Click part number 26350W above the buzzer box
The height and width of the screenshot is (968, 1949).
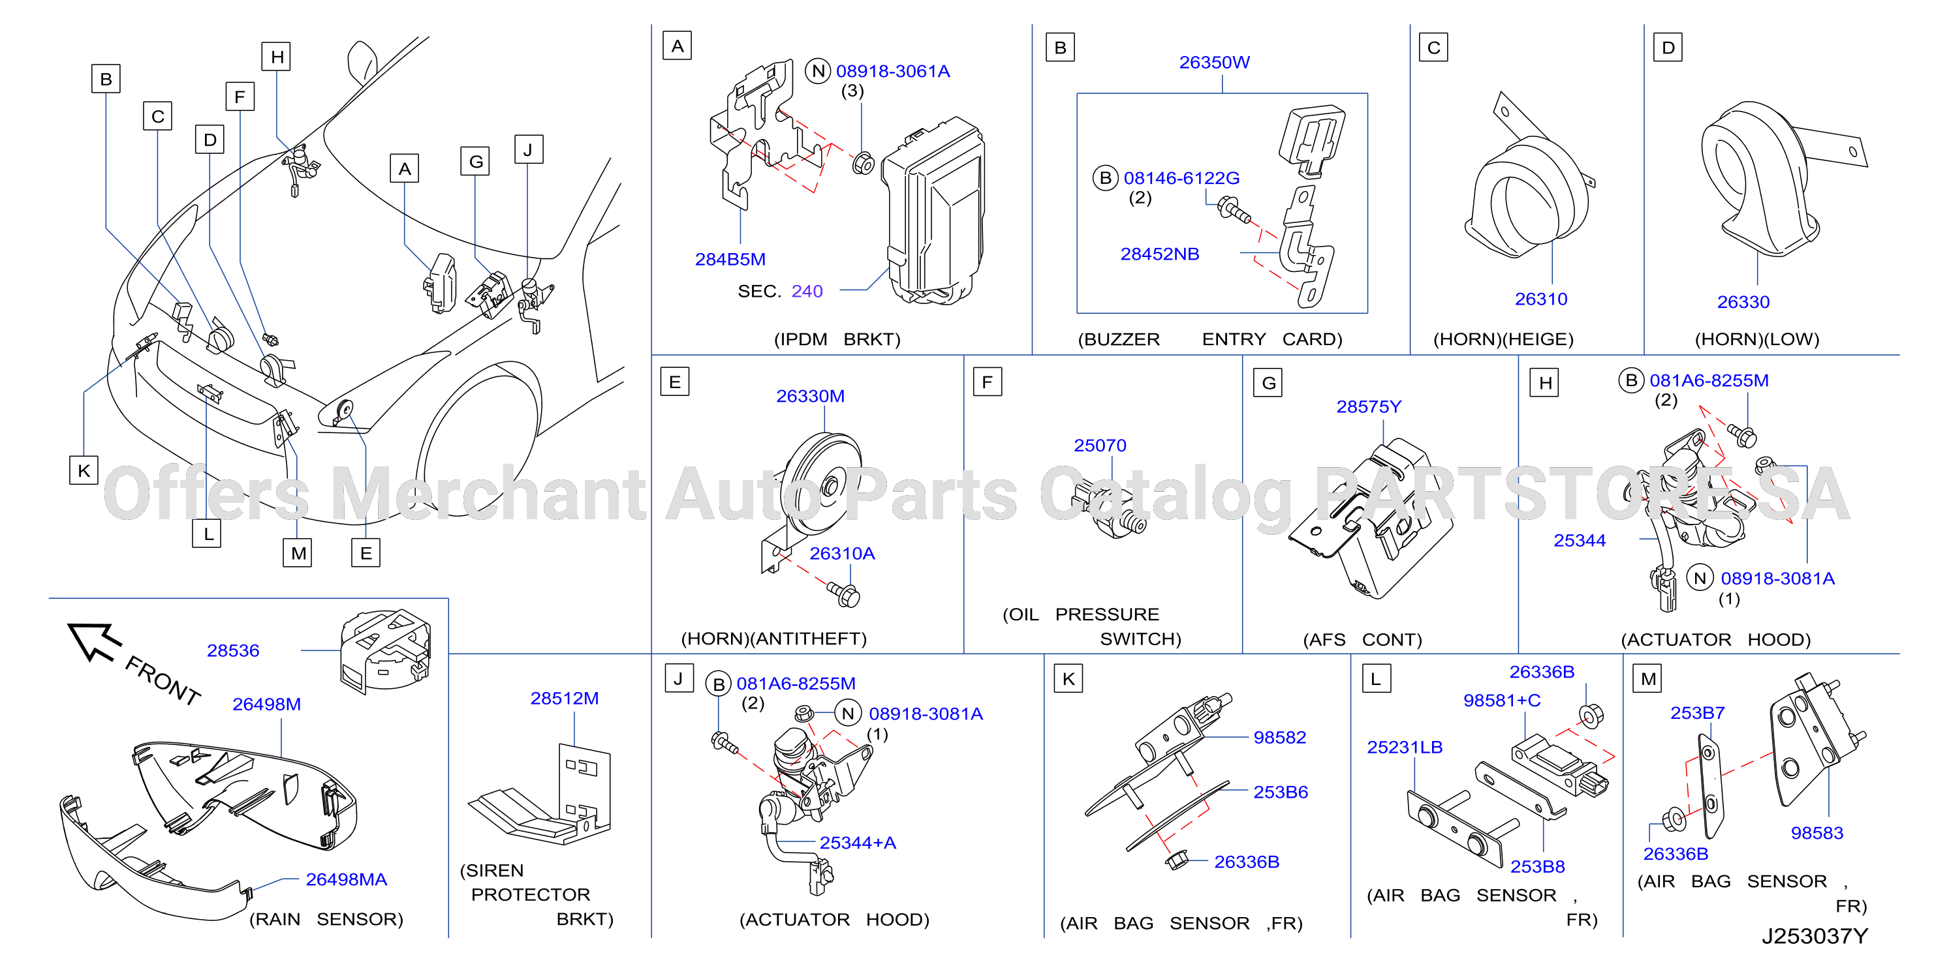tap(1213, 62)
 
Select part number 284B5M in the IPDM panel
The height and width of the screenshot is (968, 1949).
tap(730, 260)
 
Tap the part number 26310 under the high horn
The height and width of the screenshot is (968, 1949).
tap(1540, 299)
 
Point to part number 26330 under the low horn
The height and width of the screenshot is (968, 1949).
tap(1743, 303)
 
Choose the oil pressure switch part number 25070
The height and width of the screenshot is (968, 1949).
tap(1100, 446)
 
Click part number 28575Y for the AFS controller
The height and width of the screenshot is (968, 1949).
tap(1369, 407)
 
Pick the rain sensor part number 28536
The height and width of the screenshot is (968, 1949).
tap(233, 650)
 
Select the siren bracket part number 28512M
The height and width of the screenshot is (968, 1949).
tap(565, 698)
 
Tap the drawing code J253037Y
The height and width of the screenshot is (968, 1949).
tap(1815, 936)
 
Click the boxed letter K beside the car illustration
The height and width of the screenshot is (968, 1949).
tap(84, 470)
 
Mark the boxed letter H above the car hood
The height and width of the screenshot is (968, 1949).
tap(277, 57)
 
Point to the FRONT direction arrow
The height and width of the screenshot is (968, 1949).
tap(95, 641)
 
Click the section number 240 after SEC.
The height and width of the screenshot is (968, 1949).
tap(807, 291)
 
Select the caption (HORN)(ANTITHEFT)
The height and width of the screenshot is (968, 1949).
tap(774, 639)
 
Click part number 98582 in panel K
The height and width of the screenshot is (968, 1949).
tap(1279, 737)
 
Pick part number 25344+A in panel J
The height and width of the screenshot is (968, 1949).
tap(857, 843)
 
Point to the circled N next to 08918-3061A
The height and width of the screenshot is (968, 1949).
tap(818, 71)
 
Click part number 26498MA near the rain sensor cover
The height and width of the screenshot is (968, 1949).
tap(346, 879)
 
